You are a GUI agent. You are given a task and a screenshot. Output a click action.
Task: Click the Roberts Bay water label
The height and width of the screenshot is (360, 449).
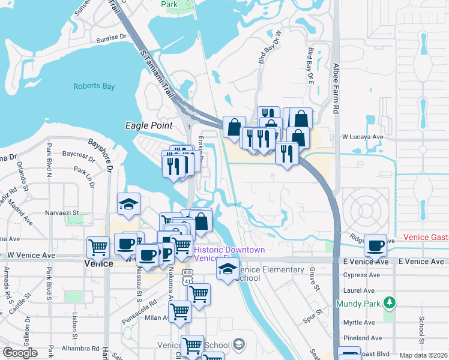pos(94,86)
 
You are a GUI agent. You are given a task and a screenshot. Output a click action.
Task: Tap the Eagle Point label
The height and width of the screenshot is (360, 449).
pos(148,125)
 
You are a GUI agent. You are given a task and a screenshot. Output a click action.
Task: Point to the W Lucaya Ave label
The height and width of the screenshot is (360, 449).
pos(363,137)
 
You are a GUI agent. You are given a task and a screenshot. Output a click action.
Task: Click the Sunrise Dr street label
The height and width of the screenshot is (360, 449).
pos(113,39)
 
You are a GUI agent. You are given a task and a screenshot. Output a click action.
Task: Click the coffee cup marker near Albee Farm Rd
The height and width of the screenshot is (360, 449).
pos(376,244)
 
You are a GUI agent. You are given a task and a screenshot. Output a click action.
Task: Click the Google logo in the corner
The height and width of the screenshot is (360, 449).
pos(20,353)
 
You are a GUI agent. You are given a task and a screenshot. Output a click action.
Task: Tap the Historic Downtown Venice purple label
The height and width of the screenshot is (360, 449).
pos(229,254)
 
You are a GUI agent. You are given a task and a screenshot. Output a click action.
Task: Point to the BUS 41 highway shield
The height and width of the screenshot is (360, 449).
pos(187,275)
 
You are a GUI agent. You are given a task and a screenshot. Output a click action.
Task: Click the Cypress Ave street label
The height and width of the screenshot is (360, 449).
pos(361,275)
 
